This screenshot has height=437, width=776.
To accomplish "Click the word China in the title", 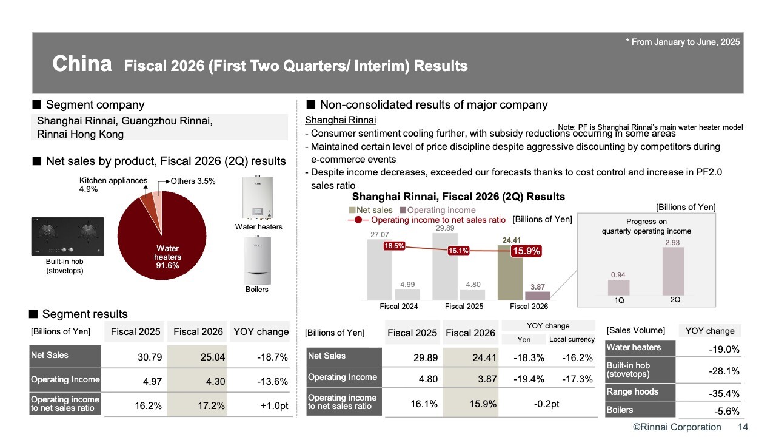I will coord(82,64).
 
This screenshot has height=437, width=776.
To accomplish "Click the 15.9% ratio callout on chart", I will coord(526,251).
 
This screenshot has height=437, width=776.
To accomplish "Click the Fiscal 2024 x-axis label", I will coord(398,306).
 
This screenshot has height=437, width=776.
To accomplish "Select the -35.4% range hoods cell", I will coord(724,393).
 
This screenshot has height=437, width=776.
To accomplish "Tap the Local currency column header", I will coord(572,339).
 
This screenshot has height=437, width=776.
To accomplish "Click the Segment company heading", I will coord(95,105).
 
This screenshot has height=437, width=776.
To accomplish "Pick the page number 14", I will coord(743,427).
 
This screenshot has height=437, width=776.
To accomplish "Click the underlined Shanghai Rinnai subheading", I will coord(340,120).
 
